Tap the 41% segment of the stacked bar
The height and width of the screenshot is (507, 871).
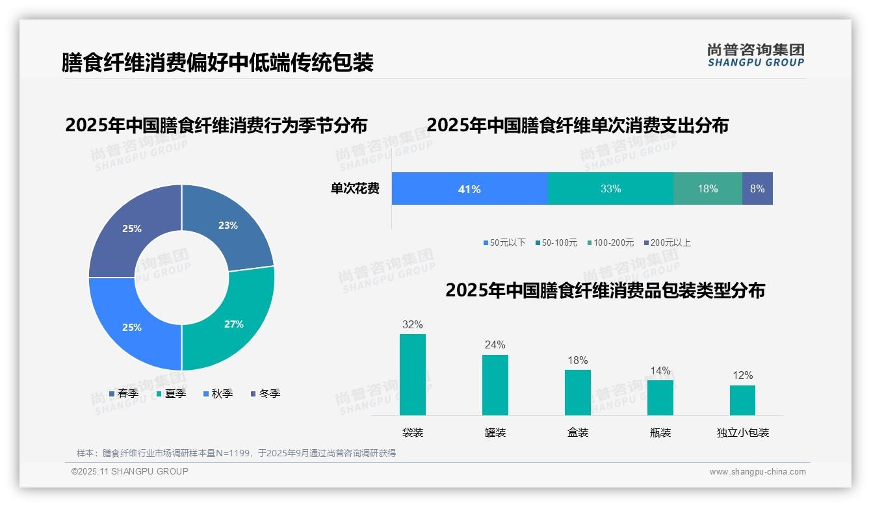[x=469, y=189]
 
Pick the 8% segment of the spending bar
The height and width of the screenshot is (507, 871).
[x=757, y=189]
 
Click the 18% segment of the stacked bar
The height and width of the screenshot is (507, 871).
[x=708, y=189]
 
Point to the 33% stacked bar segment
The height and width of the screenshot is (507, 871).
[x=610, y=189]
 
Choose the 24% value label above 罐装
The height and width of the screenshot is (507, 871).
[x=495, y=345]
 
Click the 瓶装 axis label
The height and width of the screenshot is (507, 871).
[x=660, y=433]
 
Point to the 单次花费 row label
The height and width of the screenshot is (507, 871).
[x=355, y=189]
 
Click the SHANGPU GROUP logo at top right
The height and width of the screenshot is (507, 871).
[x=755, y=55]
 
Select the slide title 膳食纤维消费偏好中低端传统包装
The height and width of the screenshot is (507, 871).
[x=218, y=62]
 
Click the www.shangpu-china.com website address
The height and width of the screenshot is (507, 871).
[x=757, y=472]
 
